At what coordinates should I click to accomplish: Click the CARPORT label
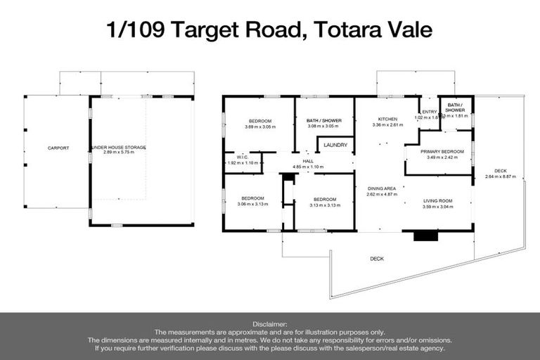click(58, 148)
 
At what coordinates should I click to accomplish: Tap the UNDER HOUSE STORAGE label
click(119, 147)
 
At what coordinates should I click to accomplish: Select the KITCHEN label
click(387, 120)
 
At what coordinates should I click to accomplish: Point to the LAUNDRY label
click(335, 145)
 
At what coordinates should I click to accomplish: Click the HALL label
click(308, 161)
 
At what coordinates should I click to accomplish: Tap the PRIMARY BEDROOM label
click(442, 151)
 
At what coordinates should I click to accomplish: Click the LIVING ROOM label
click(437, 201)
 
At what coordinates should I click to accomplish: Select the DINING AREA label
click(382, 188)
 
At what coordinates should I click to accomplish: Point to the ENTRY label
click(428, 112)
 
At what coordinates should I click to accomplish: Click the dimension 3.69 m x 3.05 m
click(260, 127)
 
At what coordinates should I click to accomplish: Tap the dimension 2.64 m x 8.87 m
click(500, 177)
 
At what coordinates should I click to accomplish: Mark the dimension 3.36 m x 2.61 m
click(387, 126)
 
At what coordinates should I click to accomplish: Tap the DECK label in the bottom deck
click(377, 259)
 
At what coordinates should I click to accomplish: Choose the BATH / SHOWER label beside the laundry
click(323, 120)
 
